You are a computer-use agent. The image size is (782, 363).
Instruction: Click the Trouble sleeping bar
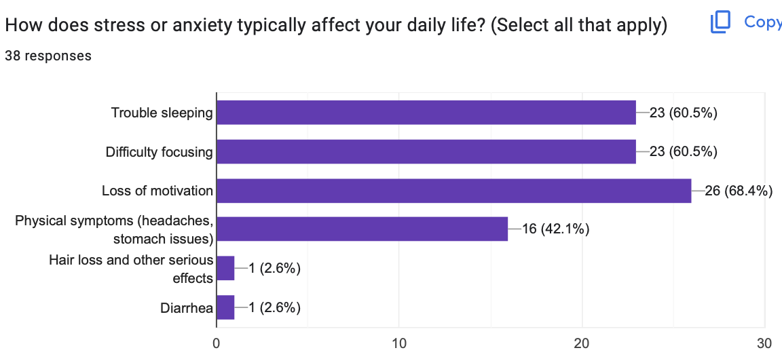point(426,113)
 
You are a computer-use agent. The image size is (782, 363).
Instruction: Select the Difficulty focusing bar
point(426,152)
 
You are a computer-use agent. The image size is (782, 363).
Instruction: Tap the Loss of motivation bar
point(453,191)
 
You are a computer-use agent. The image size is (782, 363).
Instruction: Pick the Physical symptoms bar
point(362,229)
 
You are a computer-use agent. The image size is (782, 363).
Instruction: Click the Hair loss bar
point(225,268)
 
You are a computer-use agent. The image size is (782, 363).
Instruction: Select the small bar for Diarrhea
point(225,307)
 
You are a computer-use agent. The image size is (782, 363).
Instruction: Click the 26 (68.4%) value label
point(739,191)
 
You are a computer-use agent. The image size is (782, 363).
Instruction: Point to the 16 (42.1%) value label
point(555,229)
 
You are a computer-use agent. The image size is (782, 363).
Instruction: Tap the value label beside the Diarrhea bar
point(274,307)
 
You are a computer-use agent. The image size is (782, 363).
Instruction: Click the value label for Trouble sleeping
point(684,113)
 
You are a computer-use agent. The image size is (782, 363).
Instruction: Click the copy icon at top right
point(720,22)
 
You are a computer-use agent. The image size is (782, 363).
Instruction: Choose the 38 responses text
point(48,56)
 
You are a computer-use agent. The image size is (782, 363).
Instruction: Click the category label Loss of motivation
point(157,191)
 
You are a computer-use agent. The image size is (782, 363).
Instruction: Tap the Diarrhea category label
point(187,308)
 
